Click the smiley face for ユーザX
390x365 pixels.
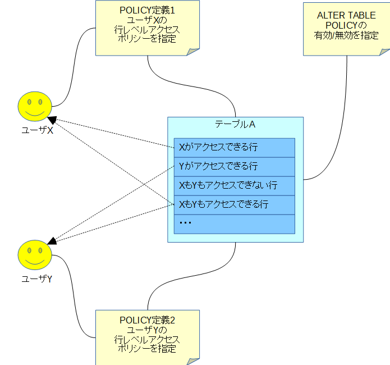34,106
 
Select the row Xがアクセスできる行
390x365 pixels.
232,148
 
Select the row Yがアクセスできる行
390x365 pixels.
232,167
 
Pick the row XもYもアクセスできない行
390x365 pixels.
232,186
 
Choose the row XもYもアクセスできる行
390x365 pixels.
232,205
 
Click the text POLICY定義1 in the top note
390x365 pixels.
148,10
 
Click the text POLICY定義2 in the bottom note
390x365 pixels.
148,320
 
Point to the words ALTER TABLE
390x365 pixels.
346,16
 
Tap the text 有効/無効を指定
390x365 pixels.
346,35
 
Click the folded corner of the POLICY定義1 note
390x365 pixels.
193,51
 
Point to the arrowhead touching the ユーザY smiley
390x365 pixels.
52,241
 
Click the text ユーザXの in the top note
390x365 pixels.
148,20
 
